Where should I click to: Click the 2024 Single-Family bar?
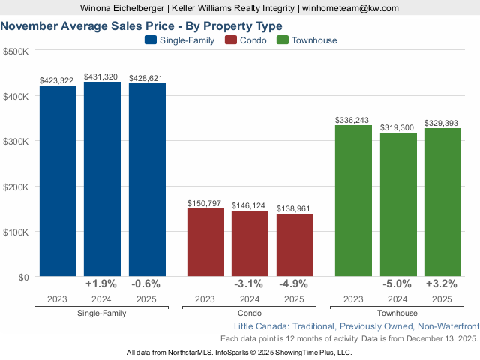point(102,179)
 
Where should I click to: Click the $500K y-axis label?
point(16,52)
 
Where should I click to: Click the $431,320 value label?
point(102,76)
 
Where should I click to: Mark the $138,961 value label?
point(295,208)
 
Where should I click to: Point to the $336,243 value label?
point(353,120)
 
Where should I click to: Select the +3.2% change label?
point(442,284)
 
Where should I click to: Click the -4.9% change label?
point(295,284)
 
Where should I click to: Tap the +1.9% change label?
point(102,284)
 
